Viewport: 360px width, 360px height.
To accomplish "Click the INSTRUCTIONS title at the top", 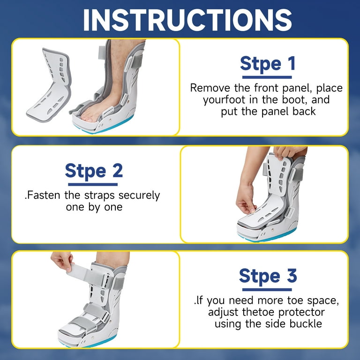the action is tap(187, 20).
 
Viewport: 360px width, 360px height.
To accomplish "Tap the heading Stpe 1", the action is tap(268, 64).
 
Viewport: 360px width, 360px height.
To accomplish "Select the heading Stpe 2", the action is tap(94, 172).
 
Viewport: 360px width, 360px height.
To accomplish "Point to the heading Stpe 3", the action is tap(268, 277).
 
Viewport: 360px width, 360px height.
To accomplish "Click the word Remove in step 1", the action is tap(210, 88).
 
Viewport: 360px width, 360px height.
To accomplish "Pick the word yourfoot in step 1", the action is tap(224, 100).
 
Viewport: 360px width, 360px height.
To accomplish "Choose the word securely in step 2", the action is tap(139, 196).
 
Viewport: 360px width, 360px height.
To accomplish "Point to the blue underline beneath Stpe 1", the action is tap(267, 77).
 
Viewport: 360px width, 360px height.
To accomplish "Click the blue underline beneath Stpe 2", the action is tap(93, 184).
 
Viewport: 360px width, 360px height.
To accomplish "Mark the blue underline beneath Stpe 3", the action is tap(267, 290).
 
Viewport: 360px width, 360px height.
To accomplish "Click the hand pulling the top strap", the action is tap(62, 261).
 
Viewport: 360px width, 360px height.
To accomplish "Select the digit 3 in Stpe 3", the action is tap(292, 276).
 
